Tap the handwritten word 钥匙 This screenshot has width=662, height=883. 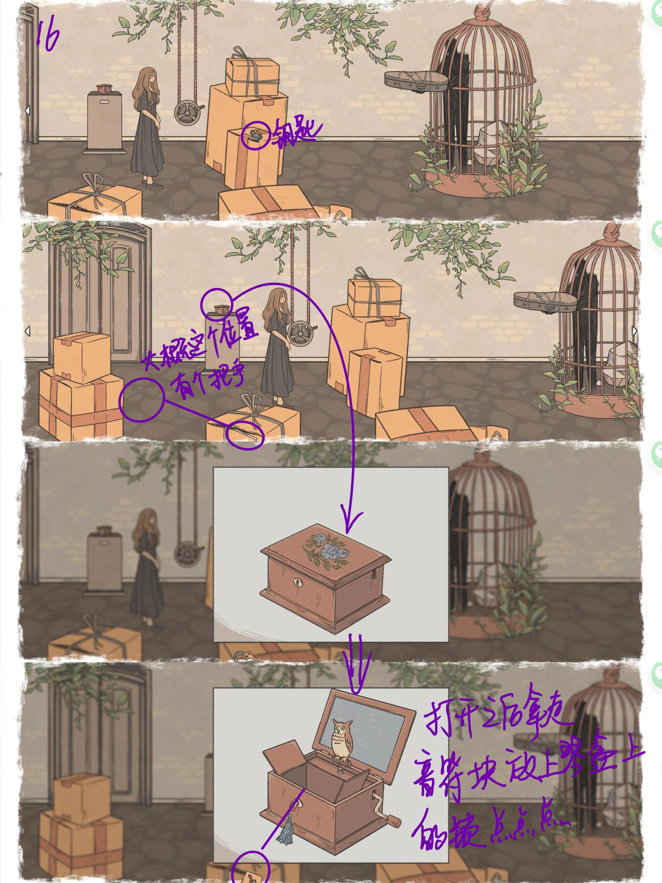pyautogui.click(x=296, y=135)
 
